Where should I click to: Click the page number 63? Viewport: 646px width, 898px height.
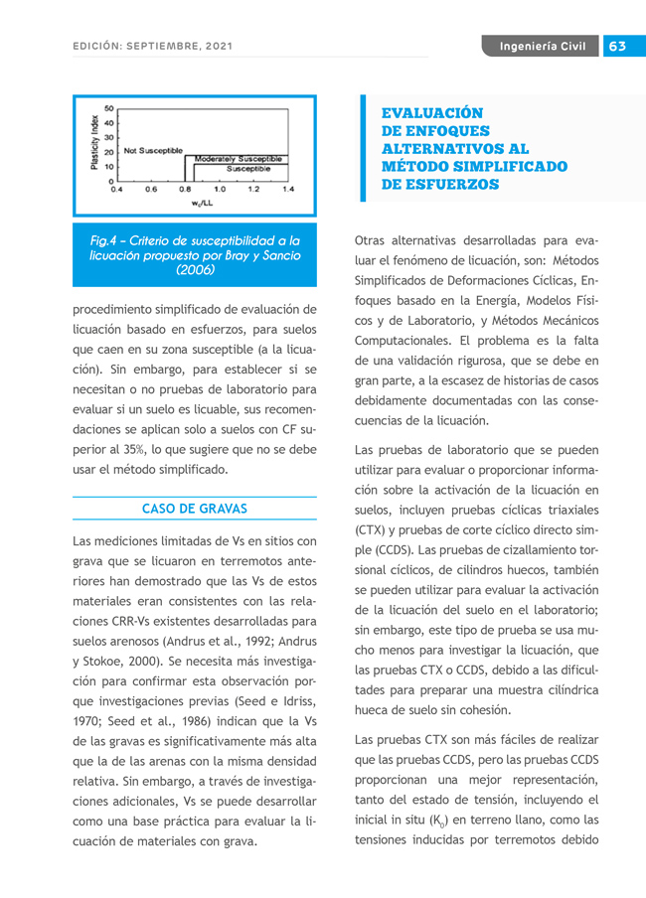click(x=617, y=47)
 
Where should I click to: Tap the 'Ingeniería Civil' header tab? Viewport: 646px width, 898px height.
click(x=542, y=47)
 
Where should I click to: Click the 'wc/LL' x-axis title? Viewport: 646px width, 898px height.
click(x=202, y=202)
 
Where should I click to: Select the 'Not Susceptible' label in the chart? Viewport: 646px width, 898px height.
click(x=153, y=150)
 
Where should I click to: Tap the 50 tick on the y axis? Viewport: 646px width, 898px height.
click(x=108, y=107)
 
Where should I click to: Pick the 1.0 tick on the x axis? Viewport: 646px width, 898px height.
click(x=219, y=189)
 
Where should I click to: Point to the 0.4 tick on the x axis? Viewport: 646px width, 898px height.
click(x=116, y=189)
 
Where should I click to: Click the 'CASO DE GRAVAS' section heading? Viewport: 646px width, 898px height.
click(x=195, y=509)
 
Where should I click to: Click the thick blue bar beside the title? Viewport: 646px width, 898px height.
click(x=363, y=149)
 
